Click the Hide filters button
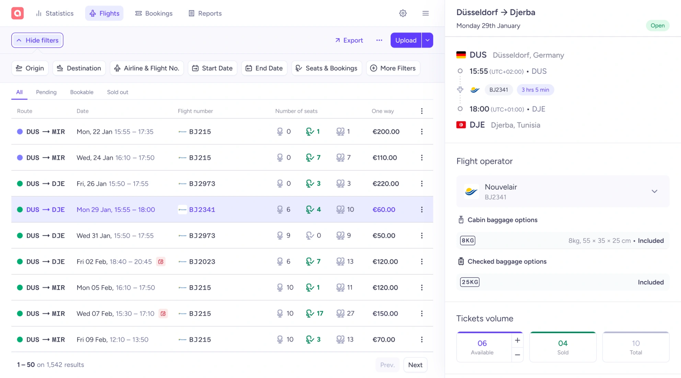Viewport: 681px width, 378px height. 37,40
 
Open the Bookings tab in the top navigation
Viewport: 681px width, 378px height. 154,13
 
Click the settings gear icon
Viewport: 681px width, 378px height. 403,13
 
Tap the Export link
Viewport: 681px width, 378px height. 349,40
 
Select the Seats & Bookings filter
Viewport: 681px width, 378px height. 326,68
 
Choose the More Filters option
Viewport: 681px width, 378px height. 393,68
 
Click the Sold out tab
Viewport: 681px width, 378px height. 117,92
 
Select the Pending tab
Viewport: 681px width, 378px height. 46,92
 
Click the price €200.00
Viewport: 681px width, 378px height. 386,132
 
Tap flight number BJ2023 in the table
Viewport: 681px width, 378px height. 202,262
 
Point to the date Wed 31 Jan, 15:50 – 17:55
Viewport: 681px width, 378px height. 115,236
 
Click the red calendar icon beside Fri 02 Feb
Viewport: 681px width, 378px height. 161,262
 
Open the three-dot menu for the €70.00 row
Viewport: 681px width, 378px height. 422,340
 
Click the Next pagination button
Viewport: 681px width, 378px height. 415,365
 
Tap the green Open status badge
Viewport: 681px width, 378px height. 657,26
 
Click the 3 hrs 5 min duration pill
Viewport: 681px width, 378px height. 535,90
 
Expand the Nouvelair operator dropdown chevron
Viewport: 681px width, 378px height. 655,191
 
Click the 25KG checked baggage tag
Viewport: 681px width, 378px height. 470,282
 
